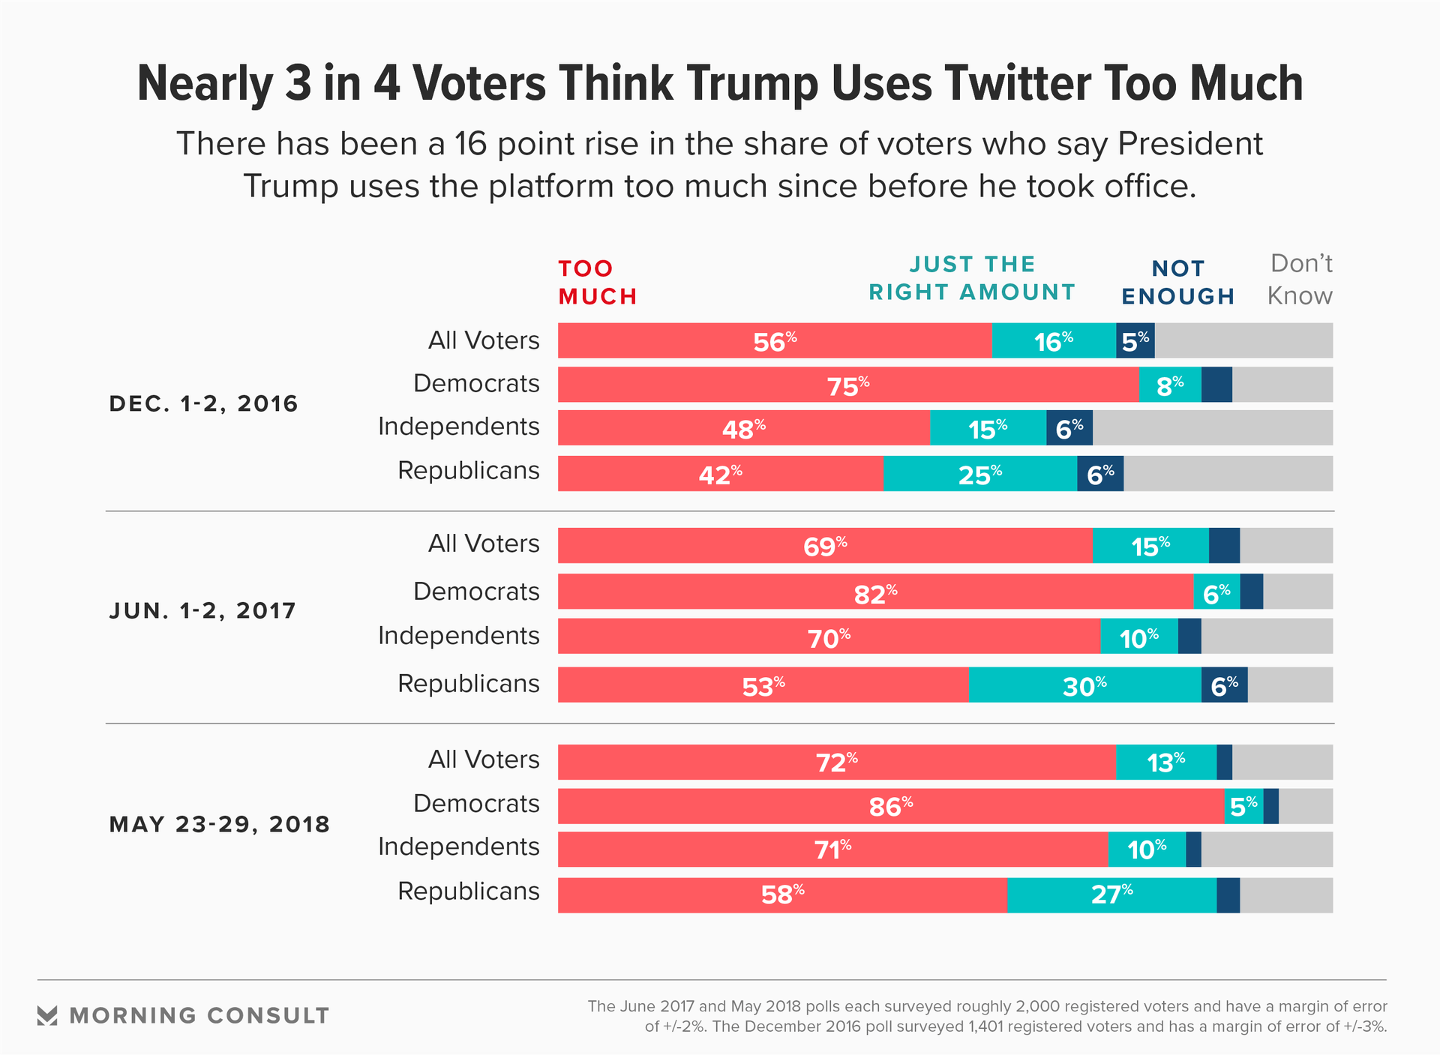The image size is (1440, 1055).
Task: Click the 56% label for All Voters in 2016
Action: coord(775,342)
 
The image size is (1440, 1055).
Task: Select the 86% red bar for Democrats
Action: coord(891,806)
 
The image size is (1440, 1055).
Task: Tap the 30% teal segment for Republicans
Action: coord(1084,685)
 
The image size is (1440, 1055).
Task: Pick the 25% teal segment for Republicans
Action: coord(979,474)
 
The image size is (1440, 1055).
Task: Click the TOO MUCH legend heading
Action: coord(598,283)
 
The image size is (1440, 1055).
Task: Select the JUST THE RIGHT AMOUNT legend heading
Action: coord(972,278)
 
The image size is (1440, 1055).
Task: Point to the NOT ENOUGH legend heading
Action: coord(1177,283)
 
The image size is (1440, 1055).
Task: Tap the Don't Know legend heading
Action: coord(1300,280)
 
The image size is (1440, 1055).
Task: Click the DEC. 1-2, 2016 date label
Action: coord(203,404)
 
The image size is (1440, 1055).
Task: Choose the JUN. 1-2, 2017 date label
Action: coord(202,611)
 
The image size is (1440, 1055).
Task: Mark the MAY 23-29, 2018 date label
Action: coord(219,825)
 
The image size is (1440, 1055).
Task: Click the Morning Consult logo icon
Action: coord(47,1016)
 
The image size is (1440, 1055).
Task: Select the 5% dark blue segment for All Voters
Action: coord(1135,341)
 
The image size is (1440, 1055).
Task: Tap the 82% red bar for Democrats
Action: coord(875,592)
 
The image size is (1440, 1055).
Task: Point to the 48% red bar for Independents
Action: coord(743,428)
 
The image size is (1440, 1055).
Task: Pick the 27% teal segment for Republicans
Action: coord(1111,895)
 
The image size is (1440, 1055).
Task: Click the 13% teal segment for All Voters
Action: coord(1165,763)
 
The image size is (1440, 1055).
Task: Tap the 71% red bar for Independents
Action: coord(832,850)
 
